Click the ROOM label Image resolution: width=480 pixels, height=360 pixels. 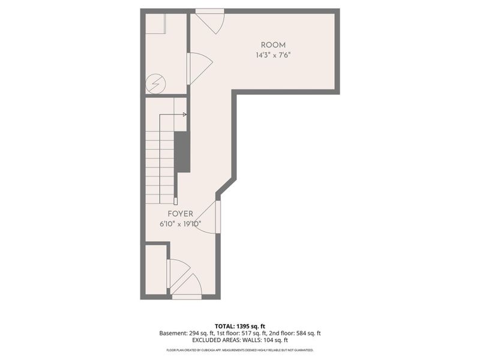pyautogui.click(x=273, y=45)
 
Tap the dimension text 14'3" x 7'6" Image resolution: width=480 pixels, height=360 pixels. pyautogui.click(x=273, y=55)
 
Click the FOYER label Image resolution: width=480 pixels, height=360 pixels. pyautogui.click(x=181, y=214)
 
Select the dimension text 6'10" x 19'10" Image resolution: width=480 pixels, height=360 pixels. pyautogui.click(x=181, y=224)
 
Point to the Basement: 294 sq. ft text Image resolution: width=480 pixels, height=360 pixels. pyautogui.click(x=185, y=333)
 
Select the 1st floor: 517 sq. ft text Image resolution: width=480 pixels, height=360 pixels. pyautogui.click(x=240, y=333)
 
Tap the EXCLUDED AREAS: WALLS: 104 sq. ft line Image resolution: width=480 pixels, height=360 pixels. pyautogui.click(x=240, y=341)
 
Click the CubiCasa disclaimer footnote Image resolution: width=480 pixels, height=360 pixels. pyautogui.click(x=240, y=350)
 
